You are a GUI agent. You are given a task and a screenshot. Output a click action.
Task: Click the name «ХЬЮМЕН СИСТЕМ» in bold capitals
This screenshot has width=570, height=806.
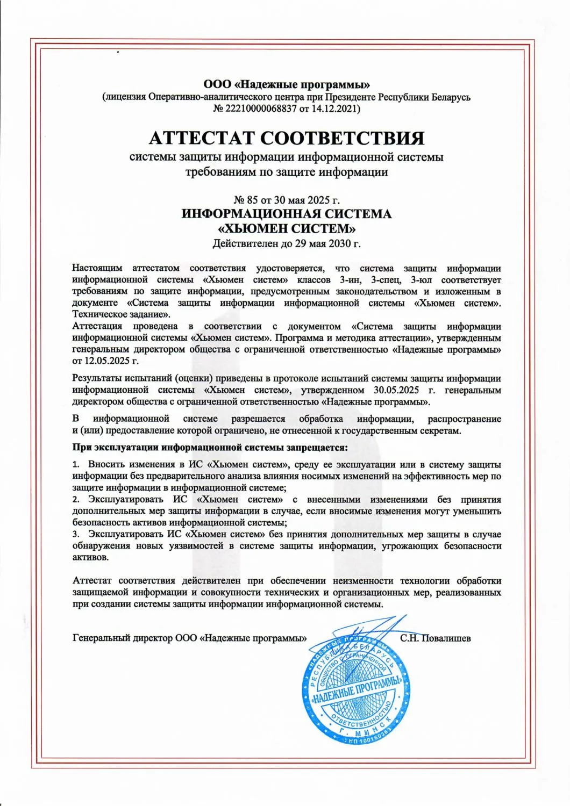(287, 229)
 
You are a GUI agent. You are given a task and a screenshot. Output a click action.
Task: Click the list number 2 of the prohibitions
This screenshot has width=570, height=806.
(75, 500)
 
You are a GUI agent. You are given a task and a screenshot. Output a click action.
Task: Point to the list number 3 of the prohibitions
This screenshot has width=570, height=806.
(75, 534)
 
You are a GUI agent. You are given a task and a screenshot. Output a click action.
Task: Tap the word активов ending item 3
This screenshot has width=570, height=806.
(90, 557)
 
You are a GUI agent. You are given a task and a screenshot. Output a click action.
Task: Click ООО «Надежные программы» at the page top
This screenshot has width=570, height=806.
(287, 84)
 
